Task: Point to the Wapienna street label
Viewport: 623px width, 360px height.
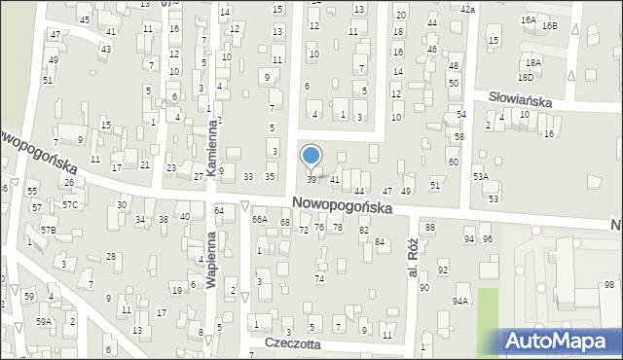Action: (x=210, y=260)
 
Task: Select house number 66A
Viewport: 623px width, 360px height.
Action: (x=259, y=221)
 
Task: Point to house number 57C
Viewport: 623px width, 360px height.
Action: (x=70, y=205)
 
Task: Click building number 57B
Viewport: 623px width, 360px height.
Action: (x=49, y=230)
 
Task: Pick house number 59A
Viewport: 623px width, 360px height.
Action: (x=44, y=321)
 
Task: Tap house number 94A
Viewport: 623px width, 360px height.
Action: (x=459, y=302)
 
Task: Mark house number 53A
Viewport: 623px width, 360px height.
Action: (x=480, y=177)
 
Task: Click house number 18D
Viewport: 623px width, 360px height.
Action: (x=526, y=76)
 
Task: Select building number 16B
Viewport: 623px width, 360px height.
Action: (x=551, y=25)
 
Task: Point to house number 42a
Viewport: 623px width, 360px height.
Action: (x=467, y=9)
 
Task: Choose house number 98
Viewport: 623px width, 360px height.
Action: (x=608, y=284)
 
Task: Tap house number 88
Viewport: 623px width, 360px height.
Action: (x=429, y=227)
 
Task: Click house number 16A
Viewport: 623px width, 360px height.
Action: (x=528, y=19)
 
